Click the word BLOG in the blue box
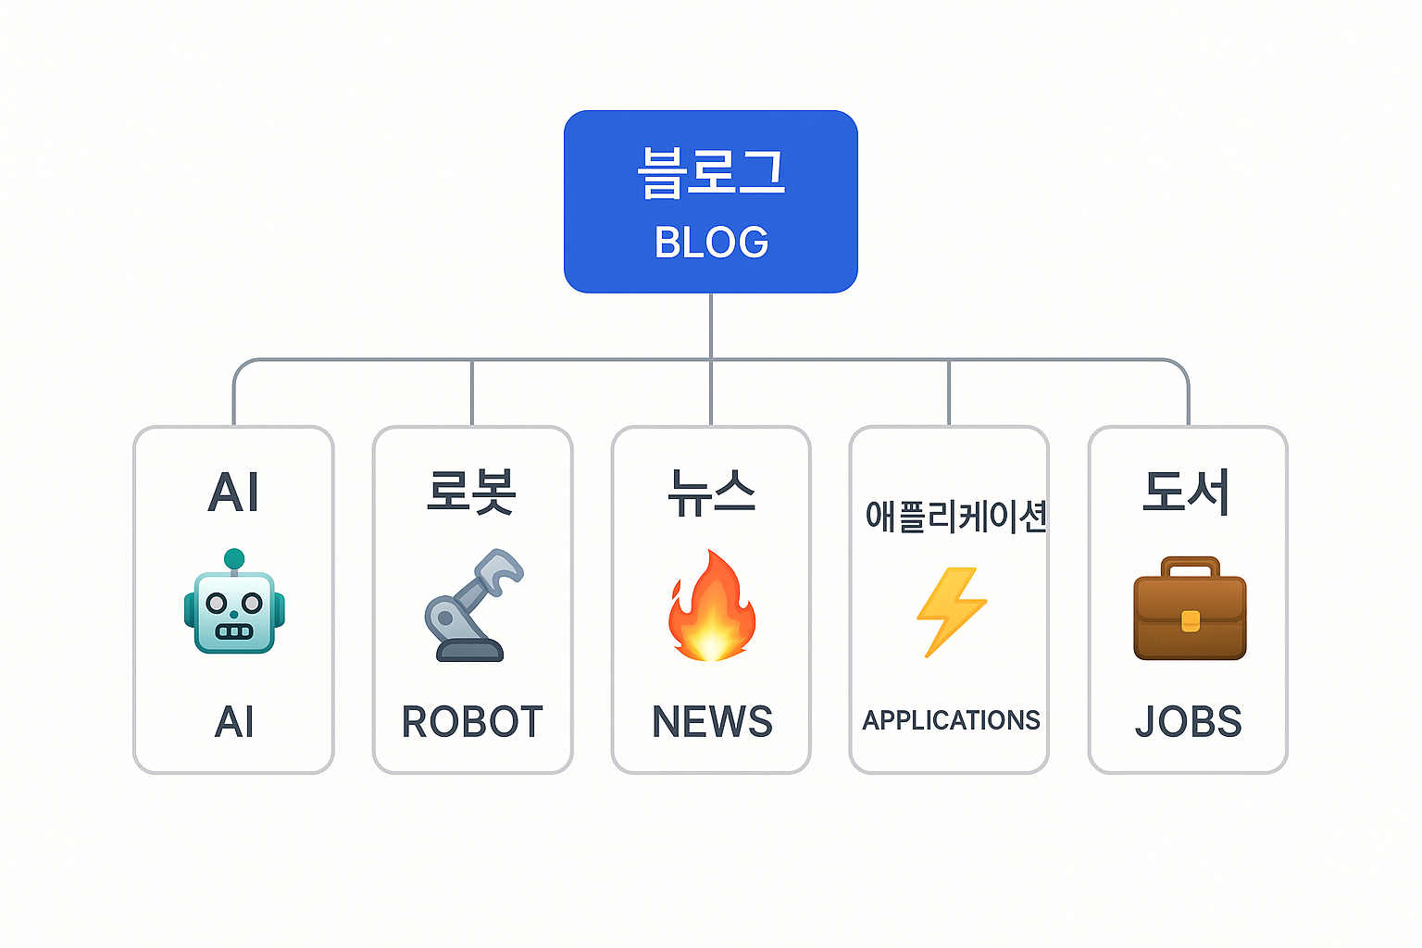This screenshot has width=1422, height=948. (x=711, y=243)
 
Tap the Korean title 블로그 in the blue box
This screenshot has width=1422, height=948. (x=711, y=173)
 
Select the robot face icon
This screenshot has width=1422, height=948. (x=234, y=611)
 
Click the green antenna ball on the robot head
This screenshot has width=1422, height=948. (x=234, y=559)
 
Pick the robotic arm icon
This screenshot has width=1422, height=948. (x=472, y=605)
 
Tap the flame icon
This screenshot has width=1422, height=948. (x=711, y=607)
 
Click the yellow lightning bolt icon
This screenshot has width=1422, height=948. (x=951, y=611)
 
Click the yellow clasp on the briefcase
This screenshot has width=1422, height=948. (x=1191, y=621)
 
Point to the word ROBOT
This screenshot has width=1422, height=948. (x=472, y=722)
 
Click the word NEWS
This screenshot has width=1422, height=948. (x=712, y=722)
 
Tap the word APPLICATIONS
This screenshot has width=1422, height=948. (x=951, y=720)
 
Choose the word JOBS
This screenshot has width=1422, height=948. (x=1189, y=722)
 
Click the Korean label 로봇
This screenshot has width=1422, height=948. (x=471, y=492)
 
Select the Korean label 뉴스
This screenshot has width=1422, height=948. (x=711, y=492)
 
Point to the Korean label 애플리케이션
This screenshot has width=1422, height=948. (x=955, y=516)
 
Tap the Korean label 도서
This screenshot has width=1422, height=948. (x=1187, y=492)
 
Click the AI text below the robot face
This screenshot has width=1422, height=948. (x=234, y=722)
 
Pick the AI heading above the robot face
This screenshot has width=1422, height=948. (x=233, y=492)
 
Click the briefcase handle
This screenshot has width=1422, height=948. (x=1190, y=564)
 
